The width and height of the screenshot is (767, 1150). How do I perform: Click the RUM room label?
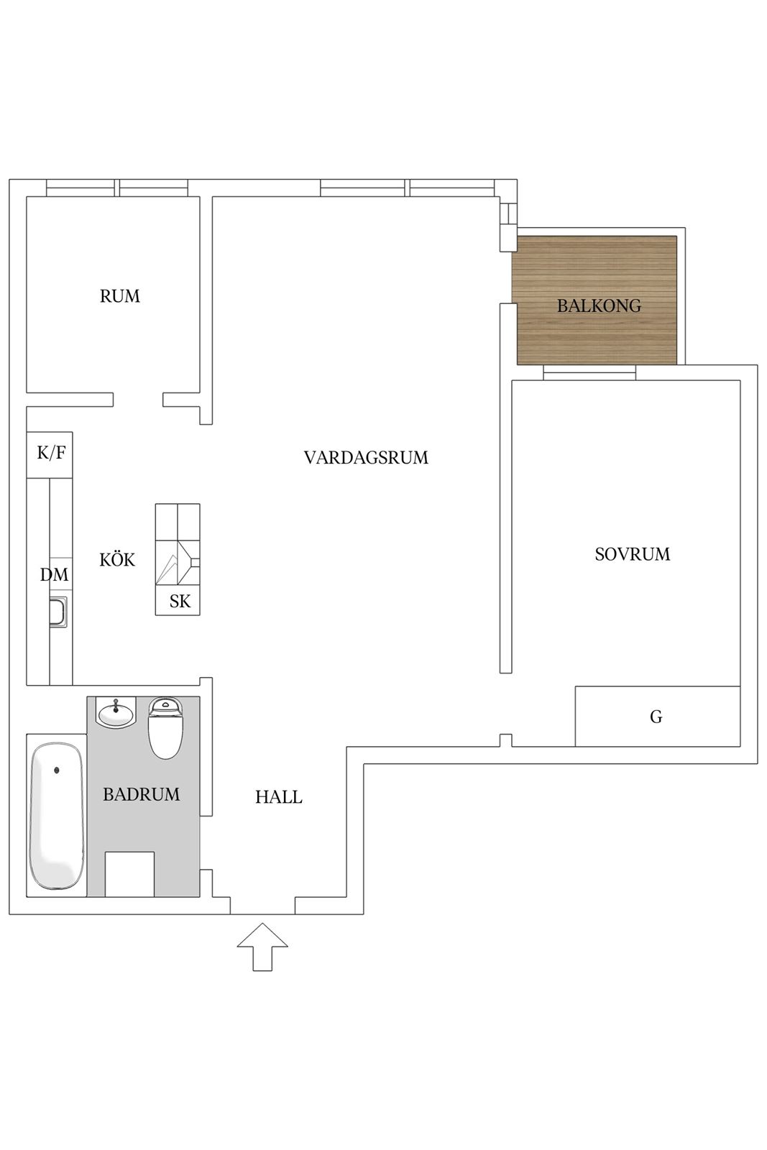119,296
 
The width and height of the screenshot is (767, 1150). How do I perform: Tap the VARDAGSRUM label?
366,457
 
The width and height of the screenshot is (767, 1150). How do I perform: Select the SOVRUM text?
633,554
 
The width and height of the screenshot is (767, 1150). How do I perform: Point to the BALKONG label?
599,306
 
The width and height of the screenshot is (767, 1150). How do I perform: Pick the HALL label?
279,797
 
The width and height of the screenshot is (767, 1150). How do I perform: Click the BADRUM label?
141,794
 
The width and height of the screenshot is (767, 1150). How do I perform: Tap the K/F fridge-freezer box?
50,455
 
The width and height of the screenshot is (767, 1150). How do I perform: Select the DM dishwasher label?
54,574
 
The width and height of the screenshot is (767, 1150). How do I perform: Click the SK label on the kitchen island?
180,601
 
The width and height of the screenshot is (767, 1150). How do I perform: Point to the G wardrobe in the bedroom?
657,716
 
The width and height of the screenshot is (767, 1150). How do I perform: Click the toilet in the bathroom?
165,728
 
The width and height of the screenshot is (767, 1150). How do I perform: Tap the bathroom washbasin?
116,712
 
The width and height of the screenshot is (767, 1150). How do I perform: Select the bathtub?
57,816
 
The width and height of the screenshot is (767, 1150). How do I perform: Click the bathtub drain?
57,770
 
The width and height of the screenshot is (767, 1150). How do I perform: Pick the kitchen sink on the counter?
58,612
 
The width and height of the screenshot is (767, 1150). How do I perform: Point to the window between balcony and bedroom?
589,372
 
